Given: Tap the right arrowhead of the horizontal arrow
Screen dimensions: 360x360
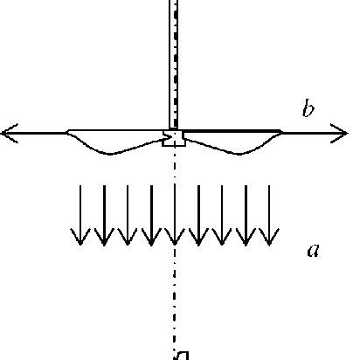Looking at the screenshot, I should pyautogui.click(x=341, y=133).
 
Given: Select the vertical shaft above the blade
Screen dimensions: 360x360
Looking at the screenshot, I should pyautogui.click(x=175, y=61).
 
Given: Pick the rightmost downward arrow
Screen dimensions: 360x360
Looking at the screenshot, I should pyautogui.click(x=270, y=214).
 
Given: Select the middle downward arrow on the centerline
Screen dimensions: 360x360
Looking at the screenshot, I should pyautogui.click(x=176, y=214).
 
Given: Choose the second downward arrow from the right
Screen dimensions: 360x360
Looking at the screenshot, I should pyautogui.click(x=246, y=214).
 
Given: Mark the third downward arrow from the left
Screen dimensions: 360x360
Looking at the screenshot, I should pyautogui.click(x=128, y=214).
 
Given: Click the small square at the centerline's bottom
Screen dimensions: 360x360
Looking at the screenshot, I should pyautogui.click(x=183, y=354).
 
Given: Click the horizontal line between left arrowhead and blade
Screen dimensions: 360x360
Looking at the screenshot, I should pyautogui.click(x=39, y=133).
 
